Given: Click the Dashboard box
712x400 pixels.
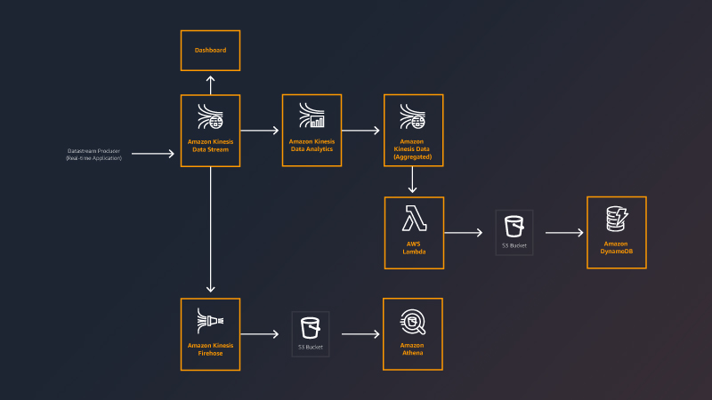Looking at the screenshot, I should point(210,51).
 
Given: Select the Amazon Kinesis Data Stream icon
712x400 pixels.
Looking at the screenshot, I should point(210,118).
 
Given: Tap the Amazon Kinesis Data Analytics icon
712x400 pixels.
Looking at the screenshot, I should point(311,116).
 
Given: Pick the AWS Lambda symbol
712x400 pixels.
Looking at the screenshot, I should point(413,219).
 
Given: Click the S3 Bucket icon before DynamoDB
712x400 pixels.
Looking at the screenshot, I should point(514,227).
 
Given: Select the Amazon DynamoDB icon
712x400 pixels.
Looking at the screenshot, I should point(616,219).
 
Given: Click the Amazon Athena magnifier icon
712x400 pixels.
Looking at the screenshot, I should point(413,320).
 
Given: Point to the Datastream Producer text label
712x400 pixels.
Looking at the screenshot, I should point(93,154).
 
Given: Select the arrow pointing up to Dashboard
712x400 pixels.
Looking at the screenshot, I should point(210,84).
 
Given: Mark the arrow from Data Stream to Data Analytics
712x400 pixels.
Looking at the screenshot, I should point(260,131).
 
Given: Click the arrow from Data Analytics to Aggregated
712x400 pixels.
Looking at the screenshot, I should point(361,131).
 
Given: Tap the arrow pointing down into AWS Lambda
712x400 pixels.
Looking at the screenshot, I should point(413,180).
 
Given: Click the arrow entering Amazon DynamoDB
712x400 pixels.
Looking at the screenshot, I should point(564,233).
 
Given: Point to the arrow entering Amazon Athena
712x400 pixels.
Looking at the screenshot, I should point(360,334).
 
